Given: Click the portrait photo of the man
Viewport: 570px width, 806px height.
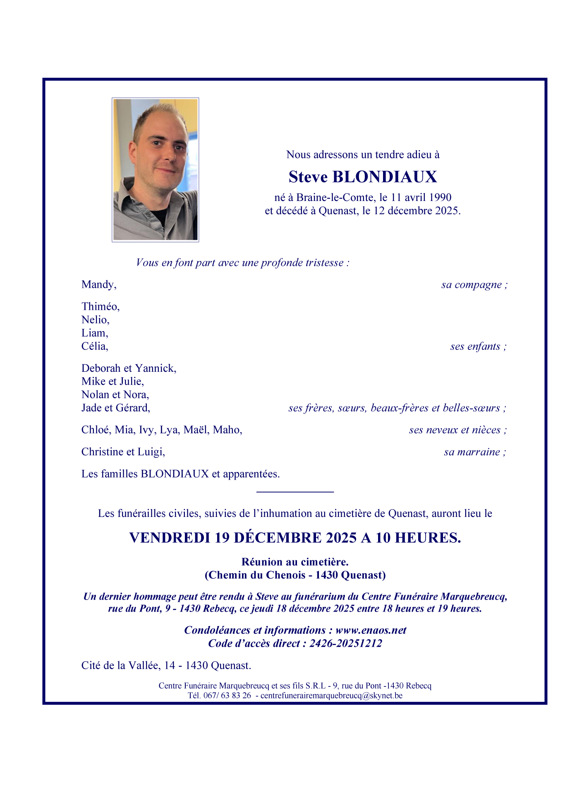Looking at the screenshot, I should pyautogui.click(x=155, y=170).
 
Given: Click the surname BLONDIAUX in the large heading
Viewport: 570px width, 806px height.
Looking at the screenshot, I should pyautogui.click(x=385, y=177).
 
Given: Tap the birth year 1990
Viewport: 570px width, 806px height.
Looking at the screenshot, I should pyautogui.click(x=440, y=197).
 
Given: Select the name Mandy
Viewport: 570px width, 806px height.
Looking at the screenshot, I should pyautogui.click(x=99, y=285).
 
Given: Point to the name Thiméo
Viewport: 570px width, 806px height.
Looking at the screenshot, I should pyautogui.click(x=101, y=306).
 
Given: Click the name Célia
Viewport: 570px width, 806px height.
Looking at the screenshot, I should pyautogui.click(x=95, y=346).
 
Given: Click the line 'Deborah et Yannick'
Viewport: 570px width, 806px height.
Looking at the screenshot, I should pyautogui.click(x=129, y=368).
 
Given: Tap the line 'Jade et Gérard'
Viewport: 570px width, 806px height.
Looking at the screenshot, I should pyautogui.click(x=116, y=408).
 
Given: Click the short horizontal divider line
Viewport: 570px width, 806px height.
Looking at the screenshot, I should pyautogui.click(x=295, y=492).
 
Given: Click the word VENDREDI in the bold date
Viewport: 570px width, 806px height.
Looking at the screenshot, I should pyautogui.click(x=169, y=538).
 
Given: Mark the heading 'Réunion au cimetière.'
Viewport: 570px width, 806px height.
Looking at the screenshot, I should pyautogui.click(x=295, y=562).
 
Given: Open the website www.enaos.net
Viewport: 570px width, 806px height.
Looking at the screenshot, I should pyautogui.click(x=371, y=630).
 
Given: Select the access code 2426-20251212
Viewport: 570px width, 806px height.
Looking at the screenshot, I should pyautogui.click(x=346, y=643).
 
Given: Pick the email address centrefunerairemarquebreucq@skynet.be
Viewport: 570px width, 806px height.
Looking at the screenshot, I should pyautogui.click(x=331, y=696).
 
